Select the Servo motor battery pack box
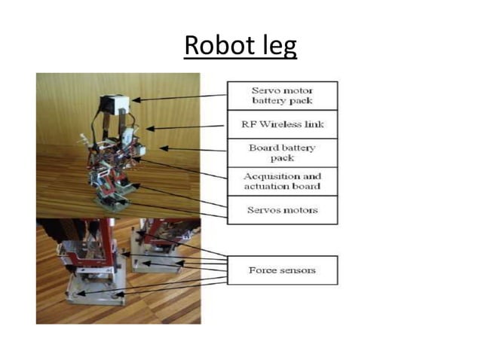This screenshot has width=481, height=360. (282, 96)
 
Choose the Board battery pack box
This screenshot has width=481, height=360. (282, 153)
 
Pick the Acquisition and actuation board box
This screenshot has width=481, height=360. (282, 181)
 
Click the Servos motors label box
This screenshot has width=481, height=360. (282, 209)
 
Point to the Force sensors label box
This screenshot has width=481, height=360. (282, 270)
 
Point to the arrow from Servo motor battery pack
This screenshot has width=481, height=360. (181, 97)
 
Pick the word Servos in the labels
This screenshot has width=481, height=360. (262, 209)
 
